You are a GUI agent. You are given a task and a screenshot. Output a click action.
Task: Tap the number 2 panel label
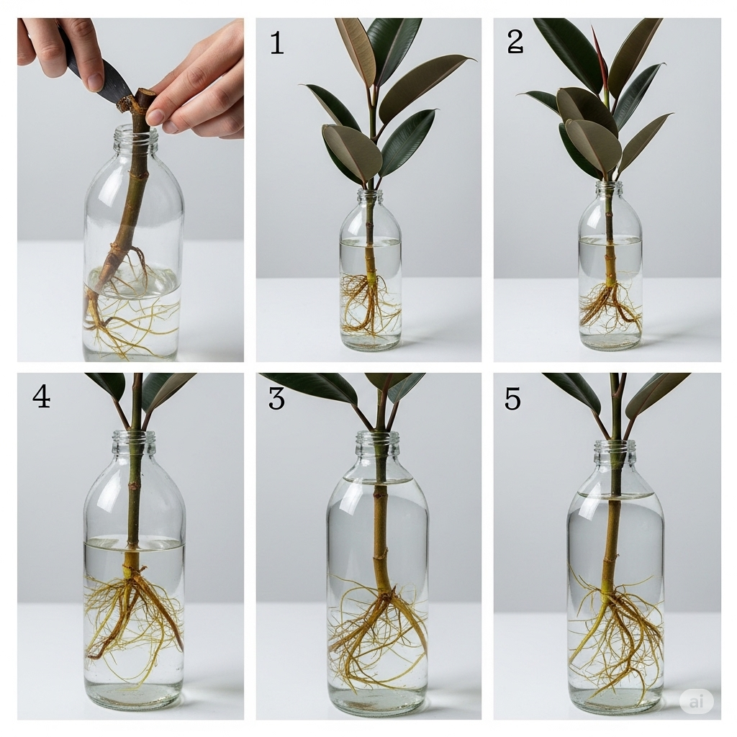(x=515, y=42)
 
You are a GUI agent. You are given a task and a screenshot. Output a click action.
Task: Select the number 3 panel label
(x=276, y=397)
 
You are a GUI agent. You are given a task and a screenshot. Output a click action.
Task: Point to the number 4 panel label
(x=41, y=397)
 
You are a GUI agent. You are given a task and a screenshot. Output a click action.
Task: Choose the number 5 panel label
(x=512, y=397)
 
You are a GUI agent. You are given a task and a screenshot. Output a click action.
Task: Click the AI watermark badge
(x=696, y=701)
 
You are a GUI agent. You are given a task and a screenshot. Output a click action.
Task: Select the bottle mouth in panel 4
(x=133, y=435)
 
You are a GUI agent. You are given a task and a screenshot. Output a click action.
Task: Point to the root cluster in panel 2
(x=610, y=306)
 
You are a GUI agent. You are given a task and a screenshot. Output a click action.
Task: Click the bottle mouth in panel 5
(x=615, y=443)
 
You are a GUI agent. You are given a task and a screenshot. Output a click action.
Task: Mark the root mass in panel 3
(x=378, y=633)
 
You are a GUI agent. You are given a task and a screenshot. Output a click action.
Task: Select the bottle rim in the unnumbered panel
(x=135, y=130)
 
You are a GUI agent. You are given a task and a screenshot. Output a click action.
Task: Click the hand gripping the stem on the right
(x=202, y=86)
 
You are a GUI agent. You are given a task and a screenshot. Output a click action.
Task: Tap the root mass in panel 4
(x=133, y=612)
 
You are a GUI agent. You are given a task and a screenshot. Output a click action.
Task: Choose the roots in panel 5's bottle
(x=615, y=633)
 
